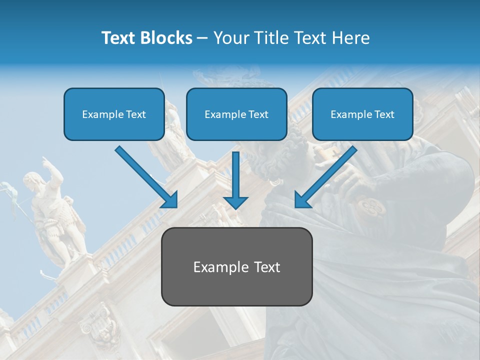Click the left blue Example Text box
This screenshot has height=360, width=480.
[114, 114]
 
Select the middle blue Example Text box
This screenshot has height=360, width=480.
[236, 114]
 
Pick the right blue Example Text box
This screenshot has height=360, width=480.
[362, 114]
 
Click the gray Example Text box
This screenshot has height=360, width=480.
[236, 266]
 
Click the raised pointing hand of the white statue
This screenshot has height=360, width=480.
[46, 161]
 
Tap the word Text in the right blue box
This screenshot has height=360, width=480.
[384, 114]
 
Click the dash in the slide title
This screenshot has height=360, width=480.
[202, 38]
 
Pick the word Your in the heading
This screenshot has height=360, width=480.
[229, 38]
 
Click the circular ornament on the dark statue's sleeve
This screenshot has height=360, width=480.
[371, 205]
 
